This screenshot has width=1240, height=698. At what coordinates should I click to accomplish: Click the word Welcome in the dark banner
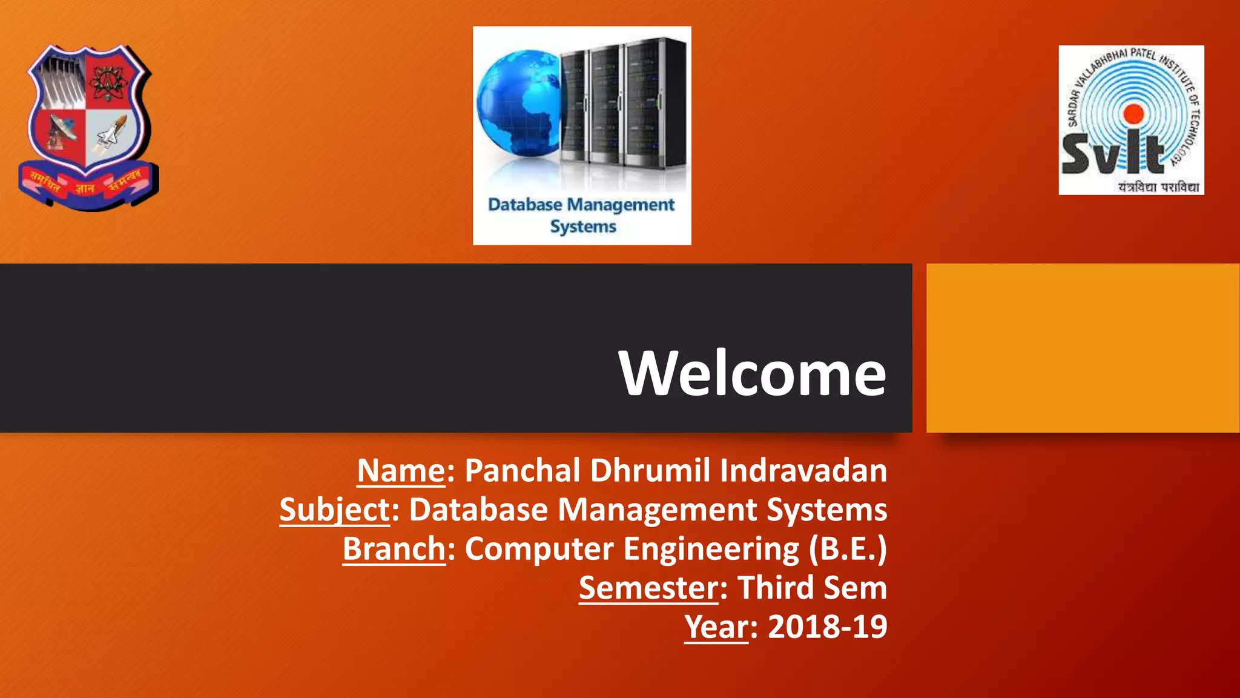click(753, 373)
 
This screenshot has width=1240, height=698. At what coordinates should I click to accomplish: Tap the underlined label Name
click(401, 470)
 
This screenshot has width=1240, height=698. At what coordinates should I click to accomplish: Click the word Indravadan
click(803, 470)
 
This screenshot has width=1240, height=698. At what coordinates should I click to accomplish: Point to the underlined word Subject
click(335, 510)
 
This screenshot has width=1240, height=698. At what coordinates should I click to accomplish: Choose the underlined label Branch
click(394, 549)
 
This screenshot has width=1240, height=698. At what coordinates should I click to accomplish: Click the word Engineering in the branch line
click(711, 549)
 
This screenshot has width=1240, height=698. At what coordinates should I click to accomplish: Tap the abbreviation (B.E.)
click(848, 549)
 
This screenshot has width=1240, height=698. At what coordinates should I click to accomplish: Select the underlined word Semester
click(648, 588)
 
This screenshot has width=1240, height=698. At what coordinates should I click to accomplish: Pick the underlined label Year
click(716, 627)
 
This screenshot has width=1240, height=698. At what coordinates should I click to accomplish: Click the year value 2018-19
click(827, 627)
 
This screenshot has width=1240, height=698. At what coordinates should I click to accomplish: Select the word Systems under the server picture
click(582, 227)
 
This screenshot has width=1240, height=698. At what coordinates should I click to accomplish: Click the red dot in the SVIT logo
click(1133, 113)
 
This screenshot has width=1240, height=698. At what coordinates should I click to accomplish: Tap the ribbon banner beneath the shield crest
click(88, 185)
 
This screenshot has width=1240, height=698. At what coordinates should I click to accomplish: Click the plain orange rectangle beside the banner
click(1083, 348)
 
